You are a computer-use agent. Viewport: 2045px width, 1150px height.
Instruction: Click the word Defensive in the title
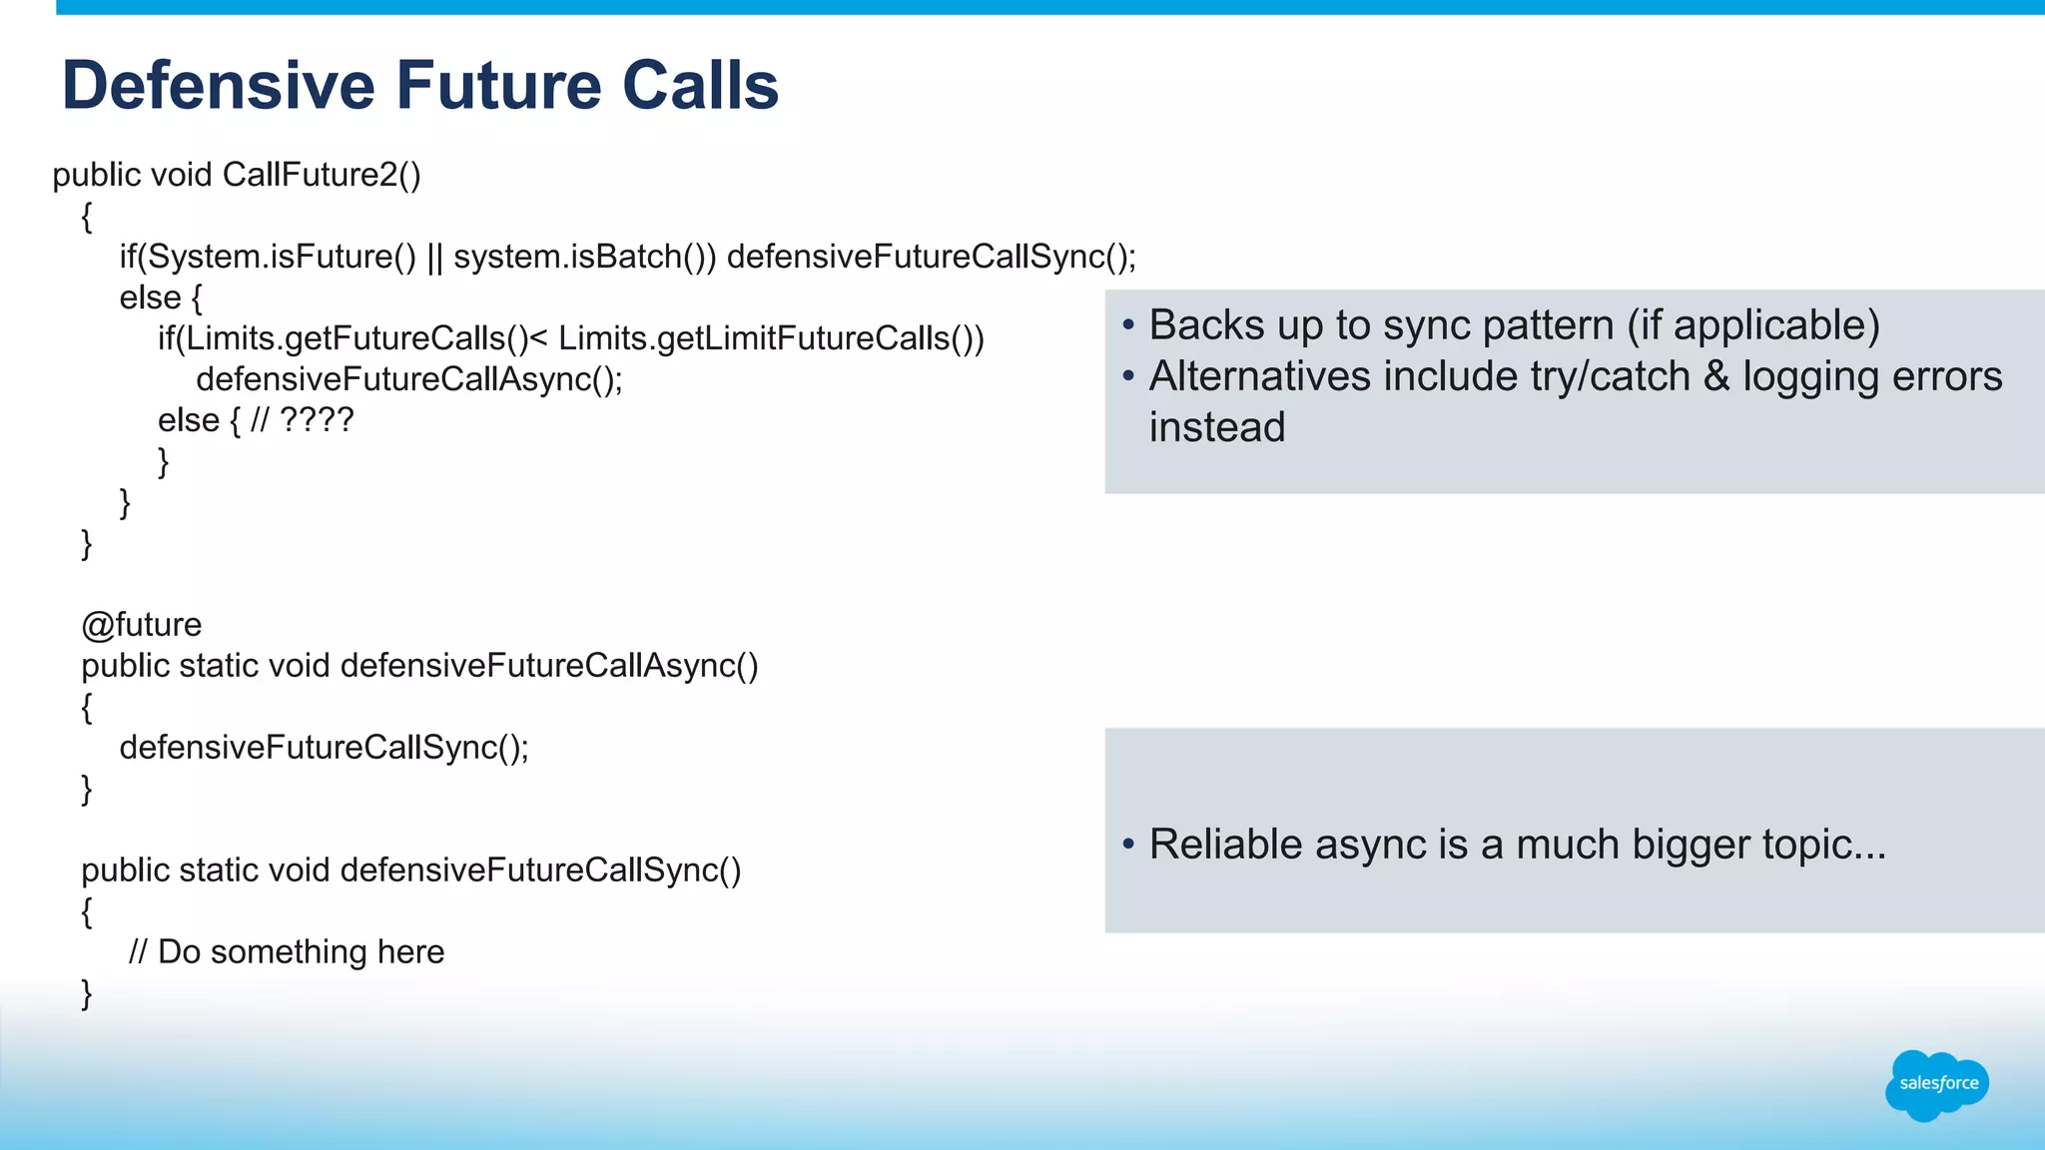(218, 86)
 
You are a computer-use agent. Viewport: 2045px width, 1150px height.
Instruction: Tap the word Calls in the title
(700, 86)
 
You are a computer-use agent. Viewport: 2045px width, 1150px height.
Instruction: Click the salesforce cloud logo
(1937, 1085)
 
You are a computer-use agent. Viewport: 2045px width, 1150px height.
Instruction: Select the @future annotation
(142, 625)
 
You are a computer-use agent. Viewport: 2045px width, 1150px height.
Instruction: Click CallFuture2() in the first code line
(321, 175)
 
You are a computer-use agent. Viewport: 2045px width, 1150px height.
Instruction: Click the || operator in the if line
(434, 257)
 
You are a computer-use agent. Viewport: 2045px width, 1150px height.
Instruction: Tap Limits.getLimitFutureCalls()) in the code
(771, 338)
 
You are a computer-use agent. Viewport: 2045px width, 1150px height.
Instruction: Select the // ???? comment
(302, 420)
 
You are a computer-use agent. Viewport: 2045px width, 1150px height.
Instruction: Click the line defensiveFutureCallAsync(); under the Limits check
(409, 379)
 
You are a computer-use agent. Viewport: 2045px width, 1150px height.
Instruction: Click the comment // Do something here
(287, 952)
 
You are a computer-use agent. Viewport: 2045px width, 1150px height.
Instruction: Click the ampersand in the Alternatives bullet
(1715, 377)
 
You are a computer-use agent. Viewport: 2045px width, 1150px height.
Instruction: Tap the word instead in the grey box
(1216, 428)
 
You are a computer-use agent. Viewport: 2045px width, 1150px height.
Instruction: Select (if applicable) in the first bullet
(1753, 325)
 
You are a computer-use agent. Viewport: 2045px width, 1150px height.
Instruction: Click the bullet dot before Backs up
(1128, 325)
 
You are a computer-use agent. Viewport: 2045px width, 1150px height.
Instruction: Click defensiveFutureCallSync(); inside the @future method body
(324, 748)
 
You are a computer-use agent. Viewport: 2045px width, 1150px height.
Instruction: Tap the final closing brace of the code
(87, 993)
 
